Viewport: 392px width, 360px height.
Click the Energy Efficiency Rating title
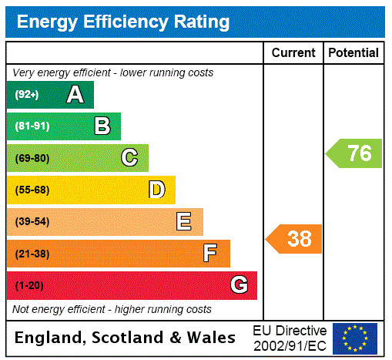pyautogui.click(x=123, y=22)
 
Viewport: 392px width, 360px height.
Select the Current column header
pyautogui.click(x=293, y=53)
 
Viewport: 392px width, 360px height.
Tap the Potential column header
pyautogui.click(x=353, y=53)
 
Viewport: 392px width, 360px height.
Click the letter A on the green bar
pyautogui.click(x=75, y=95)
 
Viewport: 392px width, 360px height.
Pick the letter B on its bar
pyautogui.click(x=102, y=126)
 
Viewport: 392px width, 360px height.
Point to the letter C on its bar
pyautogui.click(x=129, y=158)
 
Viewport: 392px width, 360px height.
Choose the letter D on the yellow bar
pyautogui.click(x=156, y=190)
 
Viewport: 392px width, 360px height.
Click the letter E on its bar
pyautogui.click(x=183, y=222)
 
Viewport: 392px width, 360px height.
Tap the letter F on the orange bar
pyautogui.click(x=209, y=253)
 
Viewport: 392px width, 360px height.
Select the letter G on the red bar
pyautogui.click(x=239, y=285)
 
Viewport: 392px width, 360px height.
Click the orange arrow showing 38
pyautogui.click(x=295, y=239)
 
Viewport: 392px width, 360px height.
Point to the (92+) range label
pyautogui.click(x=27, y=96)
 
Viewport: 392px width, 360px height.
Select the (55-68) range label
pyautogui.click(x=32, y=190)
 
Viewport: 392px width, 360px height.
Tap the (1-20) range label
pyautogui.click(x=28, y=286)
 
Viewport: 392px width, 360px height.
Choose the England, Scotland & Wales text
pyautogui.click(x=125, y=338)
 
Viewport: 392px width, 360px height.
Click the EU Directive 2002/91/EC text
pyautogui.click(x=290, y=338)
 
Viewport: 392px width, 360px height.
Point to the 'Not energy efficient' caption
pyautogui.click(x=112, y=309)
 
